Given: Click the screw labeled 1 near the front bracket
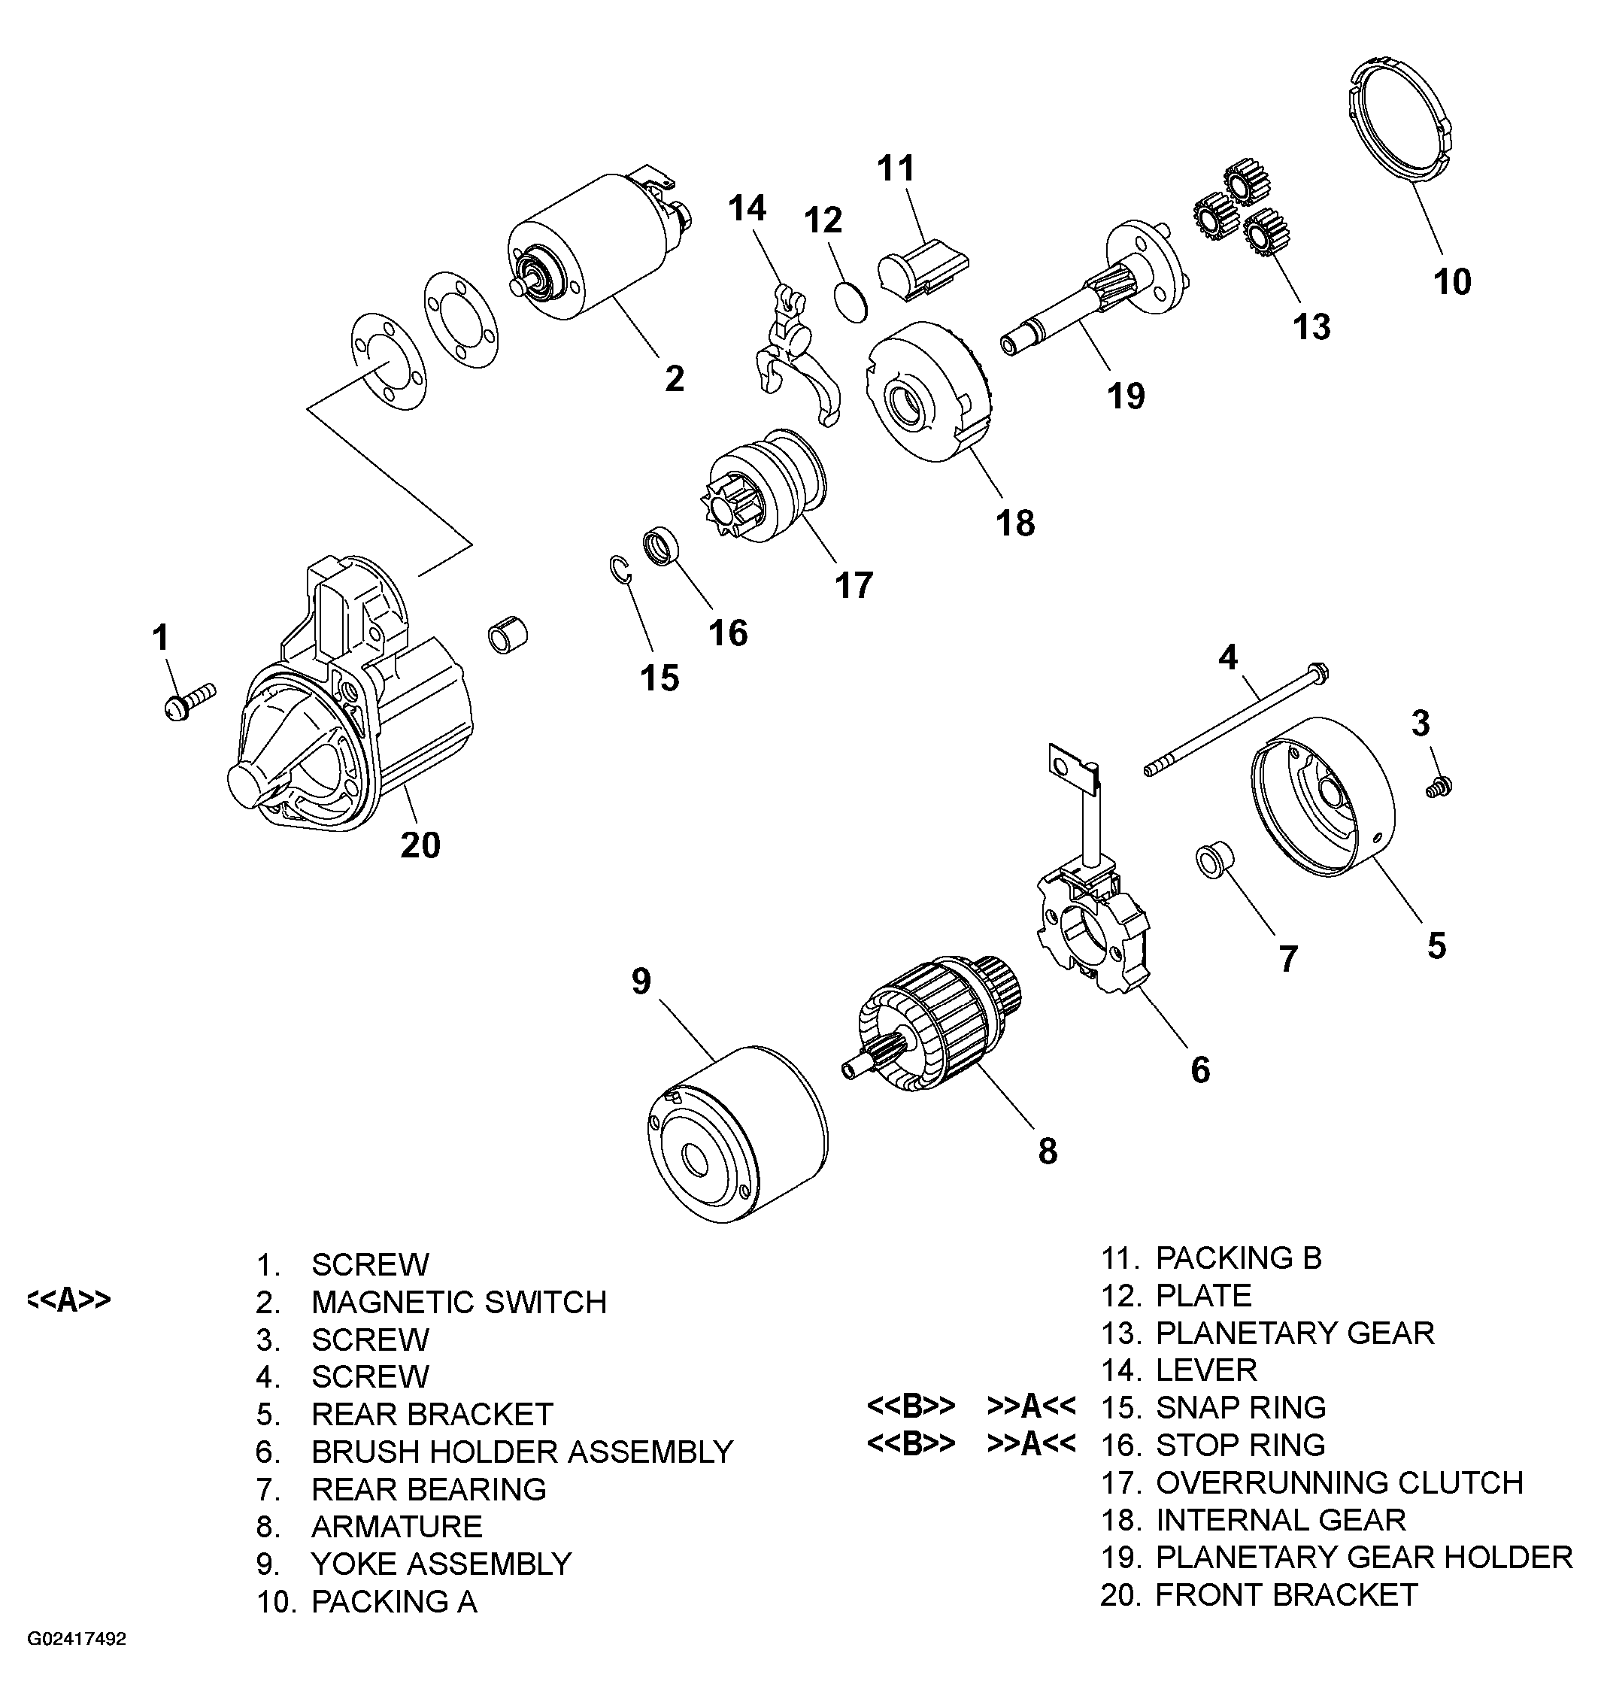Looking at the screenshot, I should pos(187,700).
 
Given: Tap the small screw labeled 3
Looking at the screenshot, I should pos(1439,786).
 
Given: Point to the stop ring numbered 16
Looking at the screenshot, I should pos(660,547).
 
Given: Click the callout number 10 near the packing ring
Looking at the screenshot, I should pos(1452,282).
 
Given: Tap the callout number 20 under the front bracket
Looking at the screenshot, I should pos(420,845).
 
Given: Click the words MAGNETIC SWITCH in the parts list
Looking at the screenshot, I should pos(459,1302).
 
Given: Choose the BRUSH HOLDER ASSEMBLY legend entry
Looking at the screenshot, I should pos(521,1452).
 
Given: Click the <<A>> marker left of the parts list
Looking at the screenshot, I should pos(68,1300).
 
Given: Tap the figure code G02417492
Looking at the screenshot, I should pos(76,1640).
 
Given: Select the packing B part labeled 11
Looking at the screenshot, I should pos(921,268).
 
